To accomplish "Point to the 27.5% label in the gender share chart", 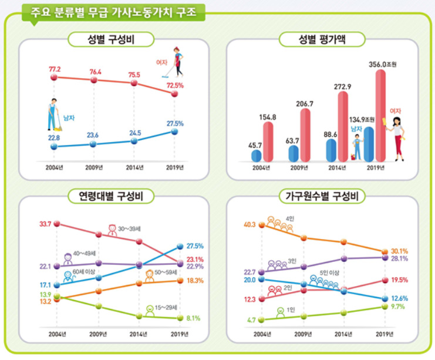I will (x=175, y=123).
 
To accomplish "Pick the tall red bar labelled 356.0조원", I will (x=381, y=115).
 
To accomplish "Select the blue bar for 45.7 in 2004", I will (x=257, y=155).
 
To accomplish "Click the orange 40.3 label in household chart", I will (x=251, y=224).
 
